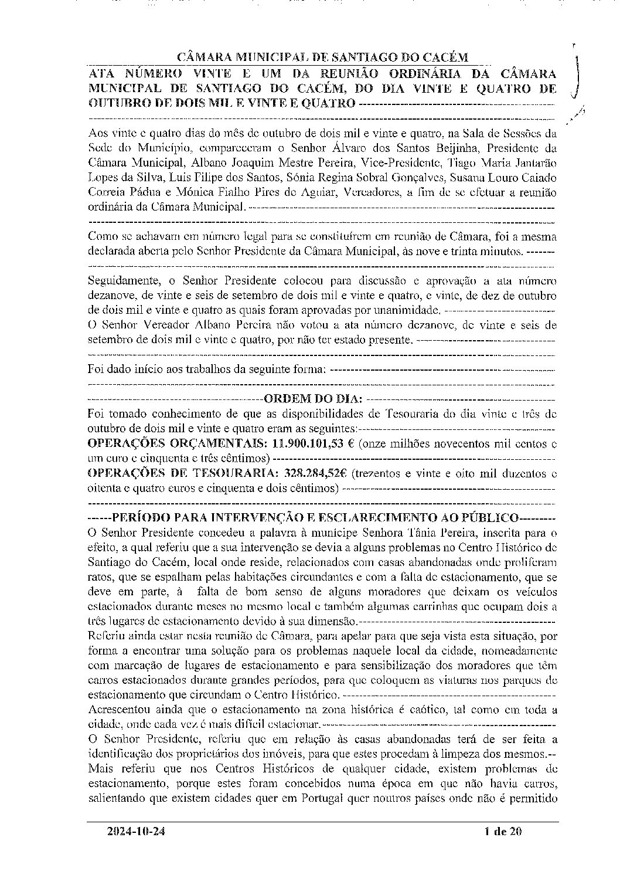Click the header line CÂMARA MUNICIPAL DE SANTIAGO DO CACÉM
pos(323,57)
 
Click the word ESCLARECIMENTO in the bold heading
pos(373,518)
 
